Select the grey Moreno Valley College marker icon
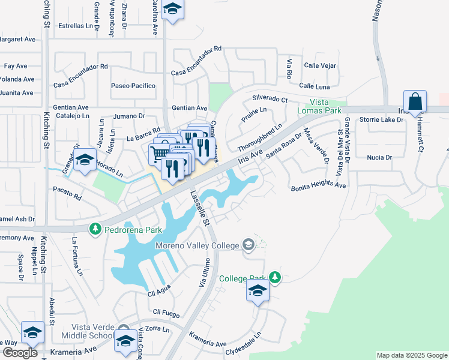[x=248, y=244]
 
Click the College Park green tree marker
[x=274, y=277]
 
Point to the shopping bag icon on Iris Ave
[x=415, y=102]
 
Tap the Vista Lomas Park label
[x=319, y=107]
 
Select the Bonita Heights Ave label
[x=319, y=187]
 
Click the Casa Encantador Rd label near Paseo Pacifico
[x=80, y=67]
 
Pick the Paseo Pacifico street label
[x=133, y=86]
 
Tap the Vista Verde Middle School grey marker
[x=124, y=335]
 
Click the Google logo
[x=20, y=352]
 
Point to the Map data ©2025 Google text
[x=411, y=355]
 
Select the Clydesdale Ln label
[x=244, y=353]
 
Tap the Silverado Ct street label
[x=270, y=98]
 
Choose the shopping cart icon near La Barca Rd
[x=158, y=154]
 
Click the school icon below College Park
[x=258, y=291]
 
